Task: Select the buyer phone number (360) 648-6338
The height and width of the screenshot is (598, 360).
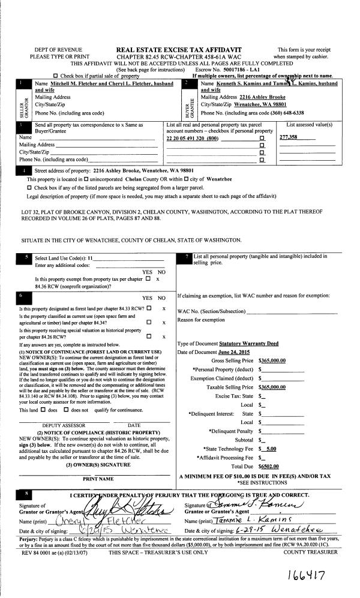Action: pyautogui.click(x=281, y=112)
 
